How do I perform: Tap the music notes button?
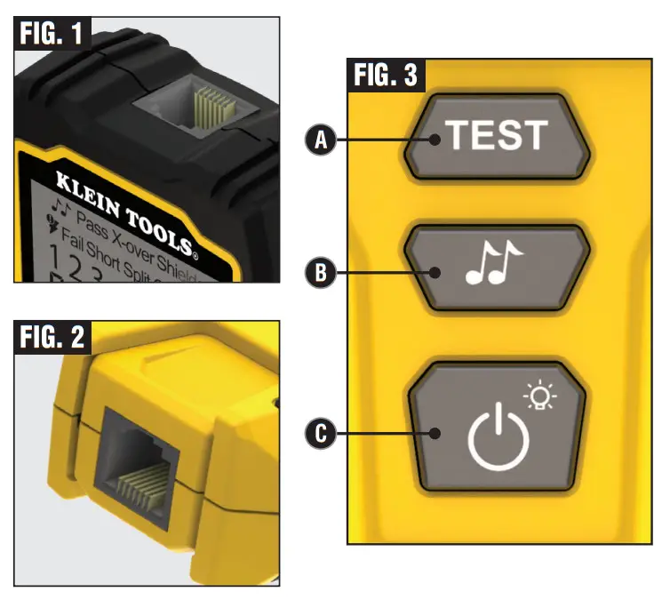[x=496, y=268]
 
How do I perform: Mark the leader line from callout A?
[x=382, y=140]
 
